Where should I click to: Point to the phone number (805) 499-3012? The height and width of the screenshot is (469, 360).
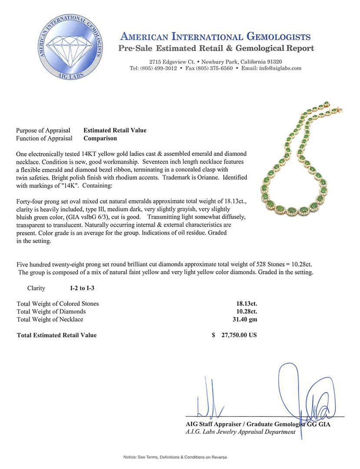[159, 68]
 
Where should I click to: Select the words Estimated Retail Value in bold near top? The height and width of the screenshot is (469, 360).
[115, 130]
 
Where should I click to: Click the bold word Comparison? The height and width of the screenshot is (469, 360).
[100, 139]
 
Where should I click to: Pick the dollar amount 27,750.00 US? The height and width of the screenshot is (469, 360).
[239, 335]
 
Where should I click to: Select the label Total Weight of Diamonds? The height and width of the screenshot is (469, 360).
[51, 311]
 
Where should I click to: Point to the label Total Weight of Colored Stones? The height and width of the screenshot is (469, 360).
[58, 304]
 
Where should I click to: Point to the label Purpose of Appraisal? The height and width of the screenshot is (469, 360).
[43, 130]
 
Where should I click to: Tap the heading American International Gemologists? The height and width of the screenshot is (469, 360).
[215, 36]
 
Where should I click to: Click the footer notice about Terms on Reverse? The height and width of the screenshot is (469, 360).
[175, 457]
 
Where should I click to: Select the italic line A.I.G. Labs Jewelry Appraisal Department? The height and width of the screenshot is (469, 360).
[240, 432]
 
